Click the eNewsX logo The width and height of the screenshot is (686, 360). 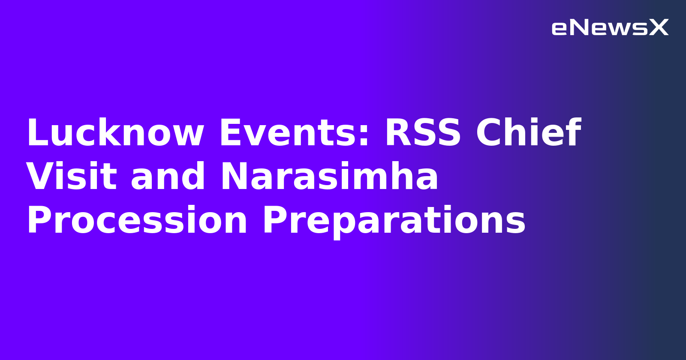click(610, 28)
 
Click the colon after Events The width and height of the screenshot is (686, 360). click(364, 136)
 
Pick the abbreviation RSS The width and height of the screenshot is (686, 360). click(423, 133)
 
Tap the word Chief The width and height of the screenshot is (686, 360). click(528, 133)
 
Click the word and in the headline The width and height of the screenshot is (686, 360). click(168, 177)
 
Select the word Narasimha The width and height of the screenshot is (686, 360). click(329, 177)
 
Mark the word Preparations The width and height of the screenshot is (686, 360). click(394, 221)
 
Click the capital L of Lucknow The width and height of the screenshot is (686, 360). click(36, 133)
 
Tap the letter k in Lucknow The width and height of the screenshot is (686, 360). click(127, 133)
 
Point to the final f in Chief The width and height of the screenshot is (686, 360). click(573, 133)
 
